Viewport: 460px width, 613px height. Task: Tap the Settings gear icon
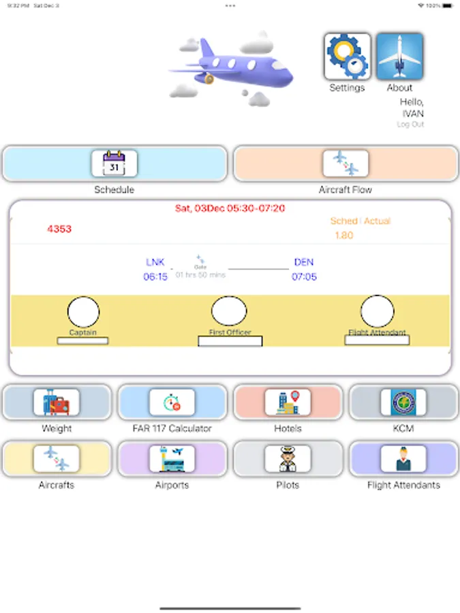click(348, 57)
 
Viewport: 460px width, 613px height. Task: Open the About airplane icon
click(399, 57)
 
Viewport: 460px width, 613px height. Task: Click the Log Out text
click(410, 125)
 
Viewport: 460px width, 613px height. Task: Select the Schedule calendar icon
click(114, 163)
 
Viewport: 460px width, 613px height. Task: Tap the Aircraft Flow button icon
click(346, 163)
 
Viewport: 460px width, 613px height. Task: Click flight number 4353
click(59, 229)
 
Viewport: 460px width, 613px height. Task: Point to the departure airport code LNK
click(155, 262)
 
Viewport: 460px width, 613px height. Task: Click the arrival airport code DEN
click(304, 262)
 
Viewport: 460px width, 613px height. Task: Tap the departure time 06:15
click(155, 277)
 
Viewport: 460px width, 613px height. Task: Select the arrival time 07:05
click(304, 277)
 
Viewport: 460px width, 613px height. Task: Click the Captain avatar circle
click(83, 311)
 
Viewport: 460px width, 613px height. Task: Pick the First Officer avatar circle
click(229, 311)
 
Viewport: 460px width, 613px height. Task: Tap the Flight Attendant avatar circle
click(377, 311)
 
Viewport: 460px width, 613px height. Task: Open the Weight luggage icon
click(57, 403)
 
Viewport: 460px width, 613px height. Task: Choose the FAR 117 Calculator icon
click(172, 403)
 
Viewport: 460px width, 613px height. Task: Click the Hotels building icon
click(288, 403)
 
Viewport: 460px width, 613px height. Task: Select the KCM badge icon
click(403, 403)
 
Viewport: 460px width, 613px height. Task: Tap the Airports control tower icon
click(172, 459)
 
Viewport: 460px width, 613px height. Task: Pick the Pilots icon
click(288, 459)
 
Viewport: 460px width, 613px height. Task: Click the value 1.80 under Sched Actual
click(344, 236)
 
